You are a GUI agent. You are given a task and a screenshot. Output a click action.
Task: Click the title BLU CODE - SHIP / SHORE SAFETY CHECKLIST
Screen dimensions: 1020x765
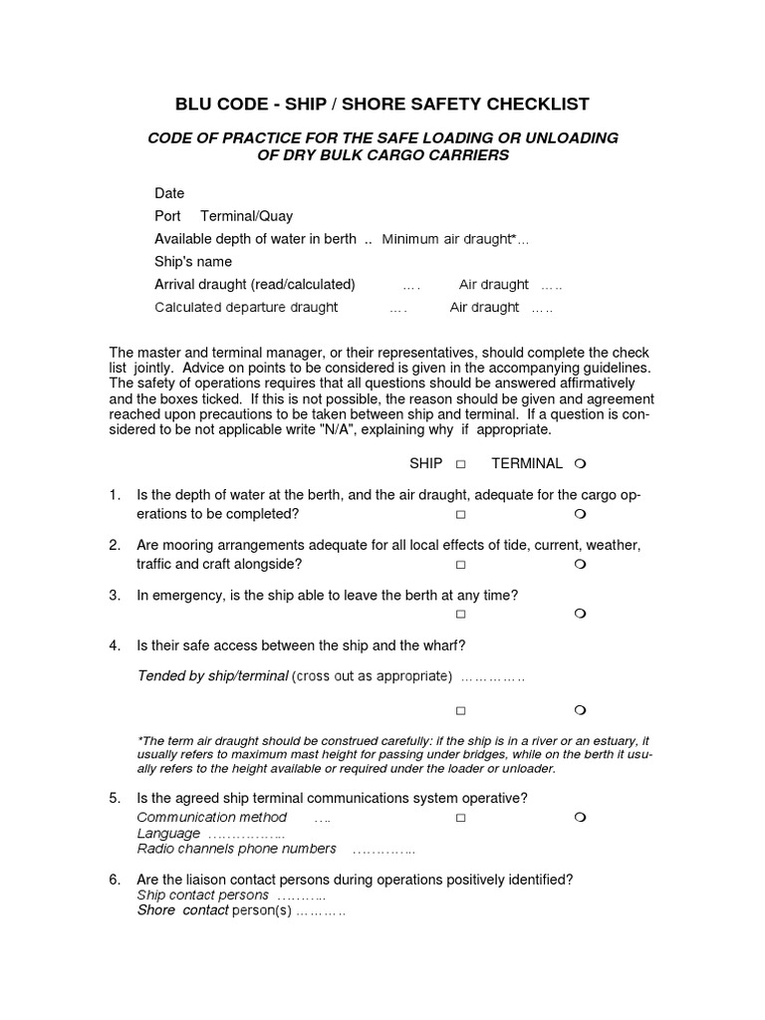tap(382, 105)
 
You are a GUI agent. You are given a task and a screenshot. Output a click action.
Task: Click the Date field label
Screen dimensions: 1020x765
tap(169, 193)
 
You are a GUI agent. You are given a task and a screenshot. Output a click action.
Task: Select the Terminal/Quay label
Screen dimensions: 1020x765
tap(247, 216)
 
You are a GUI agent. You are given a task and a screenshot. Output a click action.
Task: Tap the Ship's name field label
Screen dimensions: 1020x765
tap(193, 262)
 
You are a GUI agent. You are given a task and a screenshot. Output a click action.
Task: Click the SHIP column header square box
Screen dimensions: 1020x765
tap(461, 464)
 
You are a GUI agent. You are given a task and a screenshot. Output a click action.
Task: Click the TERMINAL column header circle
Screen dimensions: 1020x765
tap(580, 464)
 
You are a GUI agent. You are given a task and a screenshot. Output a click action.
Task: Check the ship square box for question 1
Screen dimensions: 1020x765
tap(461, 515)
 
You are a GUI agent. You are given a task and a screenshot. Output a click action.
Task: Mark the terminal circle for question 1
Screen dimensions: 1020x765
tap(580, 515)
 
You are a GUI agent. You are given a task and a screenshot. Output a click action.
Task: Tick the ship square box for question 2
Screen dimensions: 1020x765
tap(461, 565)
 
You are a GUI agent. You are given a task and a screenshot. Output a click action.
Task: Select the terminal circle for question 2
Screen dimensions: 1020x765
tap(580, 565)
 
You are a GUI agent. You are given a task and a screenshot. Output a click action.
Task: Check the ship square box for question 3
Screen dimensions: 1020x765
tap(461, 615)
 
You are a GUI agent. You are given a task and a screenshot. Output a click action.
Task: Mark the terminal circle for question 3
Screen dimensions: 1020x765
tap(580, 615)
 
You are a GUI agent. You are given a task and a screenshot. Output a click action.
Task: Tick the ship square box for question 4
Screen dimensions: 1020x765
tap(461, 711)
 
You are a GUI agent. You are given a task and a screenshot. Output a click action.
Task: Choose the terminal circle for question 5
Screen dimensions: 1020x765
tap(580, 818)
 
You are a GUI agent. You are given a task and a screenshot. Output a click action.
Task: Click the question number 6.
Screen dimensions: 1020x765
tap(115, 880)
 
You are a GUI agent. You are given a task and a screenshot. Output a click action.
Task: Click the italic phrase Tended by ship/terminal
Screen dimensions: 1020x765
tap(212, 676)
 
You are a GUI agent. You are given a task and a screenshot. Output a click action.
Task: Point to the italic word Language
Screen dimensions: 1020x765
tap(168, 834)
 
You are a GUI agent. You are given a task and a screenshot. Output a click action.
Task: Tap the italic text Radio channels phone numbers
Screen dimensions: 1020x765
tap(236, 850)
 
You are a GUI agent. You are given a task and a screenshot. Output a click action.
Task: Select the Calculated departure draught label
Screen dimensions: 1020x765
tap(246, 308)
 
